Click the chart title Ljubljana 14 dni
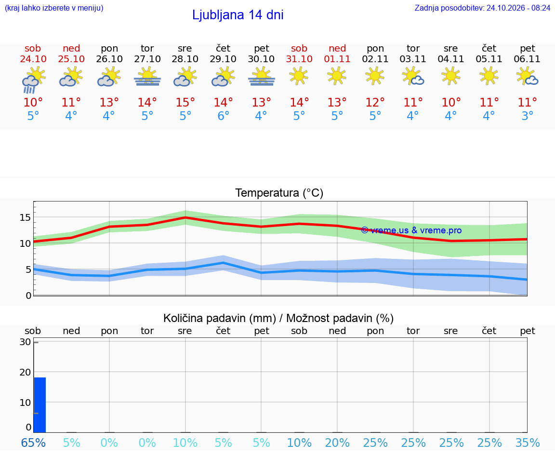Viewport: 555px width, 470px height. tap(238, 15)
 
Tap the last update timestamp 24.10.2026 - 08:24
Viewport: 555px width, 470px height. tap(518, 8)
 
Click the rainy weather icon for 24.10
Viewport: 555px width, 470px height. tap(33, 81)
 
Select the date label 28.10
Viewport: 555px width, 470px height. tap(185, 59)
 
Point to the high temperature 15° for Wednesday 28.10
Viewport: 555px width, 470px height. tap(185, 102)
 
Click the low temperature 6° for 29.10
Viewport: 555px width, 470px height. tap(224, 116)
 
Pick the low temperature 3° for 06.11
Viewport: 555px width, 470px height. tap(528, 116)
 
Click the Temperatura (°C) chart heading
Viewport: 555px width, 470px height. tap(279, 193)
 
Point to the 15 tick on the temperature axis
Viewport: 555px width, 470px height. tap(25, 217)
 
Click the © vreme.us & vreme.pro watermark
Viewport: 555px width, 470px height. tap(411, 230)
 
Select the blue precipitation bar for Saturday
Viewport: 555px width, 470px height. tap(40, 405)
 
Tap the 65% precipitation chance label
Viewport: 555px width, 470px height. tap(33, 443)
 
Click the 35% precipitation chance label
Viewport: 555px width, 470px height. tap(528, 443)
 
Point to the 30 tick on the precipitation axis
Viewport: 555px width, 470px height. tap(25, 342)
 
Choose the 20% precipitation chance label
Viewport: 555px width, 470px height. tap(337, 443)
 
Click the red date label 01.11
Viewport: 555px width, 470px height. tap(337, 59)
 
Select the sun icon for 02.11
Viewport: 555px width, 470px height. tap(375, 76)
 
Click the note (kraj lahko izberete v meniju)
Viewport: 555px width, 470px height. tap(54, 8)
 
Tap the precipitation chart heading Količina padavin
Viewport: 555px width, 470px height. tap(220, 319)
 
